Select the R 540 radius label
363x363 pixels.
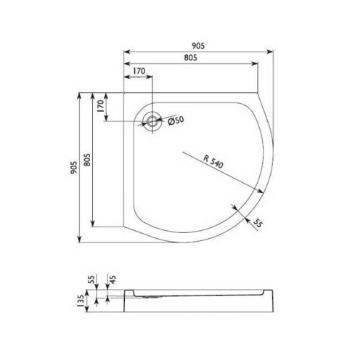coord(213,164)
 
